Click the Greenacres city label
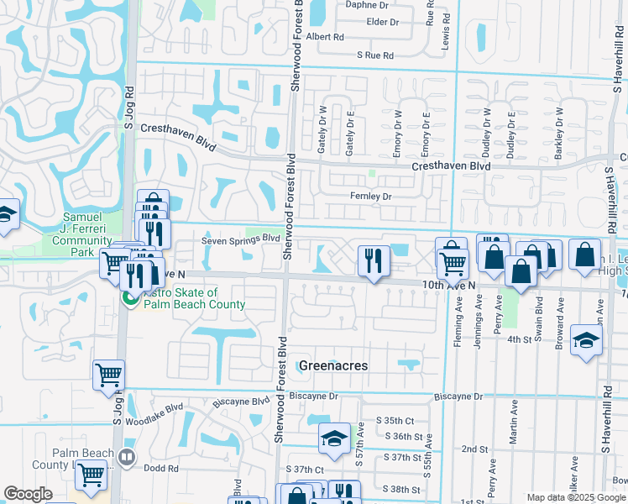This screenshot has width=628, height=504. [x=333, y=365]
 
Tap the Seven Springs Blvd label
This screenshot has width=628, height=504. [x=240, y=239]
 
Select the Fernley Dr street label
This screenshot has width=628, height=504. [x=370, y=197]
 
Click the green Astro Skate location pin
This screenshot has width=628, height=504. [x=130, y=297]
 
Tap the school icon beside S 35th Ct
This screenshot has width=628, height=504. [x=334, y=438]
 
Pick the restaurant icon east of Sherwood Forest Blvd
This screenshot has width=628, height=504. [x=373, y=260]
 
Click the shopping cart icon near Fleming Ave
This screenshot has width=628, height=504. [x=453, y=264]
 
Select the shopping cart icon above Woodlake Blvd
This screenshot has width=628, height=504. [x=108, y=375]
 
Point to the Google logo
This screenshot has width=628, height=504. [x=28, y=494]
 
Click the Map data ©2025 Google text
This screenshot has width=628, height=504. [x=576, y=497]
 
